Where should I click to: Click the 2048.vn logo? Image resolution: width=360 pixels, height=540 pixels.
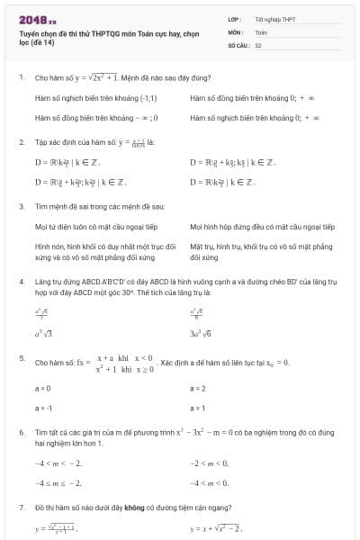coord(38,19)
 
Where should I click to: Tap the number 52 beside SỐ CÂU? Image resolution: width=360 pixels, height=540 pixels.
coord(258,44)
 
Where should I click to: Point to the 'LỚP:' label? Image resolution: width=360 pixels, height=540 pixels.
coord(234,19)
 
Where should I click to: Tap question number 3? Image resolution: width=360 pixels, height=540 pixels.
coord(21,206)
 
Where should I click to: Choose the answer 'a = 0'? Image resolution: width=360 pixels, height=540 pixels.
coord(42,388)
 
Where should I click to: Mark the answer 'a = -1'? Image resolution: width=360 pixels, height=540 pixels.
coord(43,407)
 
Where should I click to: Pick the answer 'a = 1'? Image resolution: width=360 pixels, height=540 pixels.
coord(198,407)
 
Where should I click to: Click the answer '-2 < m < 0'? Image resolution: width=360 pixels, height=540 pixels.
coord(211,463)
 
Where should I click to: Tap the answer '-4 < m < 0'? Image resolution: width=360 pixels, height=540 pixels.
coord(211,482)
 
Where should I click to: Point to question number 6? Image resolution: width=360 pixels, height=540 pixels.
coord(21,433)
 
